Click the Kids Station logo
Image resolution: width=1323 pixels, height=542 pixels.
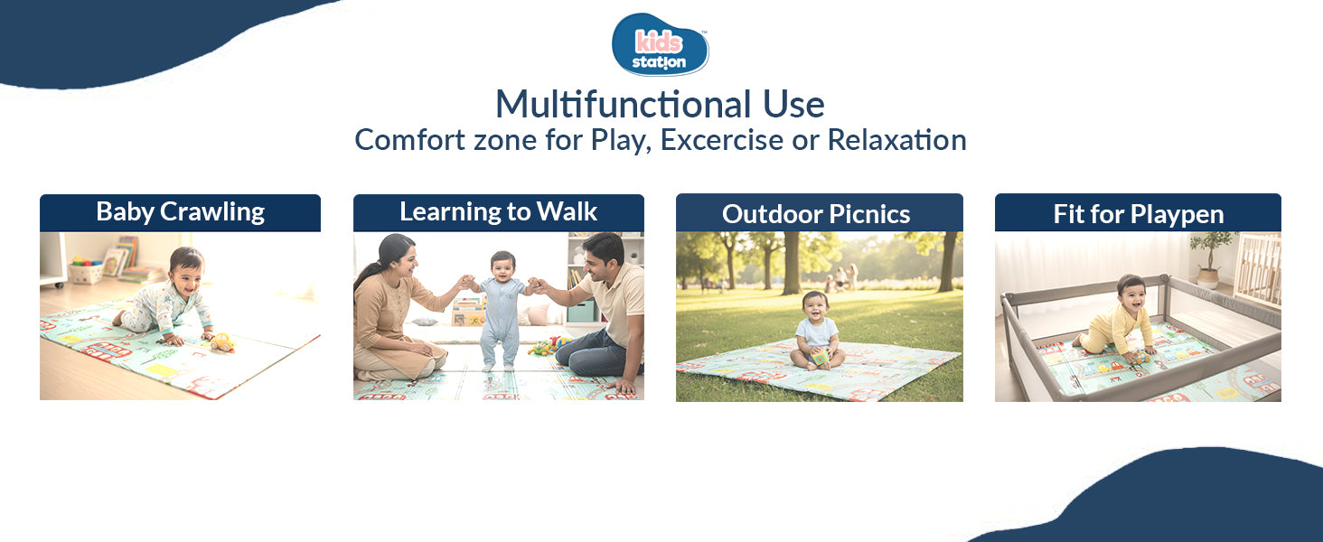coord(661,44)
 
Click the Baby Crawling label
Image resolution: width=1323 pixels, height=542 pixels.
coord(180,212)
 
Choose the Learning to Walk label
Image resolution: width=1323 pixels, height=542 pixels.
coord(498,212)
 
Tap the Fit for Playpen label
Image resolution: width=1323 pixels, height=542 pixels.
coord(1138,214)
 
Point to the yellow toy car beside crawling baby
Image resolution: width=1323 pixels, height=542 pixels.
coord(221,342)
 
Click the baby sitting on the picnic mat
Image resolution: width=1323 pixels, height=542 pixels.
coord(816,330)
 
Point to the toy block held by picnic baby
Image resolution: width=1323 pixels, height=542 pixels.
coord(821,357)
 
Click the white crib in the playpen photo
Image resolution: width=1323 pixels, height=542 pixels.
coord(1258,266)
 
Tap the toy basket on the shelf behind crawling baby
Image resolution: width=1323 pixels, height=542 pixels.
coord(86,270)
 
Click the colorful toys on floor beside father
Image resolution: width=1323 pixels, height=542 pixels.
coord(549,346)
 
